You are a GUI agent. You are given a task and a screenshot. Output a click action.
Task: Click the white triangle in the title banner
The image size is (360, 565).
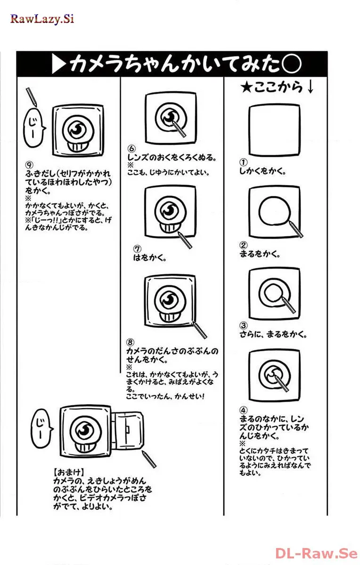[x=58, y=65]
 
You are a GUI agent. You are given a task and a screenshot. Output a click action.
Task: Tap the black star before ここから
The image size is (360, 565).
[x=246, y=88]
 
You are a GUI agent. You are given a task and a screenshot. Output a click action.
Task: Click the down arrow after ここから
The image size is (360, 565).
[x=310, y=88]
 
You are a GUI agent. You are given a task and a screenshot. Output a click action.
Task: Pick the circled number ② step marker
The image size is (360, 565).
[x=243, y=245]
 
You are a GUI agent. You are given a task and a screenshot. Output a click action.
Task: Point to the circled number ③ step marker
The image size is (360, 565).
[x=243, y=326]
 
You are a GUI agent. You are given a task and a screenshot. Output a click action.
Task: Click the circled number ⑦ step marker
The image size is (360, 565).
[x=137, y=249]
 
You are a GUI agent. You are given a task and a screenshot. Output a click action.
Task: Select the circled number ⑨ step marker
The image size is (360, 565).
[x=29, y=164]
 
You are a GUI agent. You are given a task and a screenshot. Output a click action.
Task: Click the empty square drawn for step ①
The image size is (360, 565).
[x=274, y=130]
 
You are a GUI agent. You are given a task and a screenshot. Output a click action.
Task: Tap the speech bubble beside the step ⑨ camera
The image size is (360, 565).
[x=34, y=126]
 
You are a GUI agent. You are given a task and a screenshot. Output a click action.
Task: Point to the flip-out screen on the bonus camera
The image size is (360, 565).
[x=128, y=429]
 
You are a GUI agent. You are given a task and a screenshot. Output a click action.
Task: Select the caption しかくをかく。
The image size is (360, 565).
[x=263, y=171]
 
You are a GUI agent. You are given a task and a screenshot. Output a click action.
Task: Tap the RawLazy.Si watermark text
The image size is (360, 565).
[x=42, y=19]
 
